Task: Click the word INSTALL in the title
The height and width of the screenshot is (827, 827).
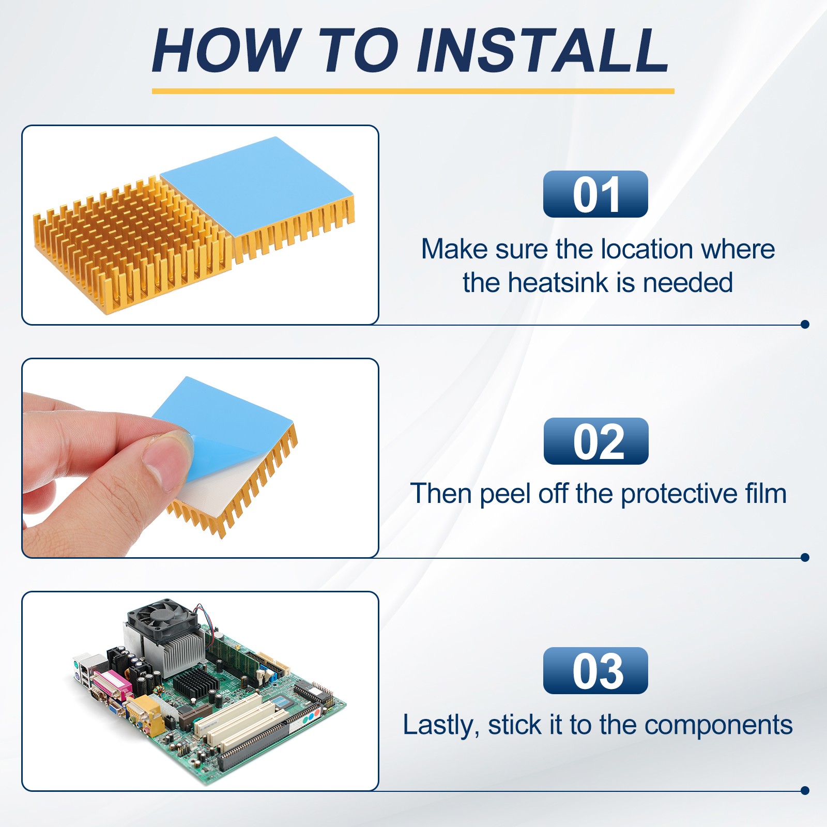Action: [543, 50]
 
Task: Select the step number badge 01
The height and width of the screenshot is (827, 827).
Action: [595, 194]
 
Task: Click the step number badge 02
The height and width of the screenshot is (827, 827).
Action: [596, 441]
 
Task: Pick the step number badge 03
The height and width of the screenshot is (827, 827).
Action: [595, 670]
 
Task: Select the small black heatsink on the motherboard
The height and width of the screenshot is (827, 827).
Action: [195, 682]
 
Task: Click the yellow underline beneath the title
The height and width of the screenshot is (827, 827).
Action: [413, 91]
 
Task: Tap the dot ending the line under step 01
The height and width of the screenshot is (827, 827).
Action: [804, 324]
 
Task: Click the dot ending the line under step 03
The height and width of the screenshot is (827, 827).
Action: [804, 790]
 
